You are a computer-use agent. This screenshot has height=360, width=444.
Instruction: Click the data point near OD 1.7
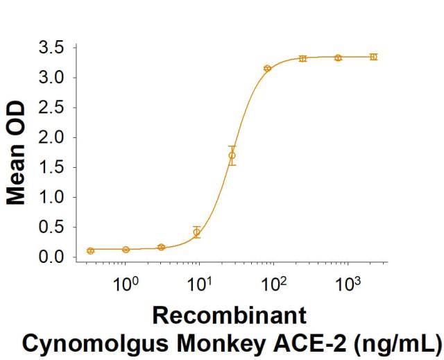pos(232,155)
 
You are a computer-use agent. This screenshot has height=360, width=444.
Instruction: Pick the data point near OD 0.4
pos(197,232)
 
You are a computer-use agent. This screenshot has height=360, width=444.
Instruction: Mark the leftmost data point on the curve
pos(91,250)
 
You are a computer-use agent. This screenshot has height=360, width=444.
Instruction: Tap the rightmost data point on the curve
pos(374,57)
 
